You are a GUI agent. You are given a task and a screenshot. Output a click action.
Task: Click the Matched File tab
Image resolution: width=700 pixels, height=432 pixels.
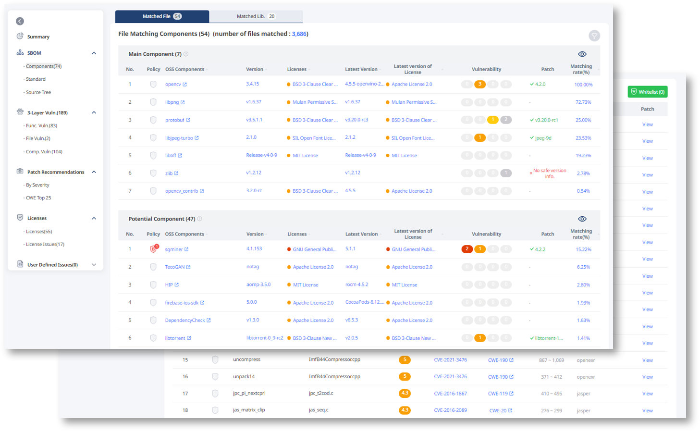click(161, 16)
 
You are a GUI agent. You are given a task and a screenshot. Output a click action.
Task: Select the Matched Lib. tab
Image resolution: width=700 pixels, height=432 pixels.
click(256, 16)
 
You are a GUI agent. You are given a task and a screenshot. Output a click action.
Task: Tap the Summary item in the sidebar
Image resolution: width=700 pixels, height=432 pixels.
click(38, 37)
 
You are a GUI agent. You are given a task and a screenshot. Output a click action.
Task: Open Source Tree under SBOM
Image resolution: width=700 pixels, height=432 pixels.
click(38, 92)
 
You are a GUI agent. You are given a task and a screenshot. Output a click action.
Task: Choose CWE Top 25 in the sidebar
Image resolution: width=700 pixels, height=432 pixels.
click(38, 198)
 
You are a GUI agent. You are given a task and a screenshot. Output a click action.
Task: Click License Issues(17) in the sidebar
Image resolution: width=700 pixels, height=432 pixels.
click(45, 245)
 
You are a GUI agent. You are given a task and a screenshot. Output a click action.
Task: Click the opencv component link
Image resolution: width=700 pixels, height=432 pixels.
click(173, 85)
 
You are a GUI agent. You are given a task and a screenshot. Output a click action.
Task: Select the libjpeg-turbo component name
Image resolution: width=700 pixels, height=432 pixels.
click(179, 138)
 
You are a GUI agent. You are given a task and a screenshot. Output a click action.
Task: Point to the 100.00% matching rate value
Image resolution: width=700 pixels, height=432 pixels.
click(583, 85)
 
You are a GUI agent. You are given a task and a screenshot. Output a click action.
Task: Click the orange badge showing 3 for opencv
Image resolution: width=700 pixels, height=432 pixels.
click(479, 84)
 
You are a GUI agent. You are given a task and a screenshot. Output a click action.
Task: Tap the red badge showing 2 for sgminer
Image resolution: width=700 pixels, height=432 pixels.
click(467, 249)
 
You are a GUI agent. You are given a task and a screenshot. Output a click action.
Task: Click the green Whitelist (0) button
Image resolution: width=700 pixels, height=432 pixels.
click(647, 92)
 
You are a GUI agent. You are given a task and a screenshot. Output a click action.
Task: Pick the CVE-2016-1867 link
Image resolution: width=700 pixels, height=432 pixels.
click(450, 394)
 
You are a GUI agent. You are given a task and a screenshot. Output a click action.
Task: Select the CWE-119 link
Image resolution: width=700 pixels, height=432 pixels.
click(498, 394)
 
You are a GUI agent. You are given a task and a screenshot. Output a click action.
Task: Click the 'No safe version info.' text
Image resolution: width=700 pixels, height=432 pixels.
click(550, 173)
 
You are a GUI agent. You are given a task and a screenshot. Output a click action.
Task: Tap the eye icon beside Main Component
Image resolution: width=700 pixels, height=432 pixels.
click(582, 54)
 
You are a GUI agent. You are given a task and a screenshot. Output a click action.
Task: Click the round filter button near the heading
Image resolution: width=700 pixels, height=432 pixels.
click(594, 36)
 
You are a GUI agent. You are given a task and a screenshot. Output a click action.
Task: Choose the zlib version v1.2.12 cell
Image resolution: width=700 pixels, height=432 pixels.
click(254, 173)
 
